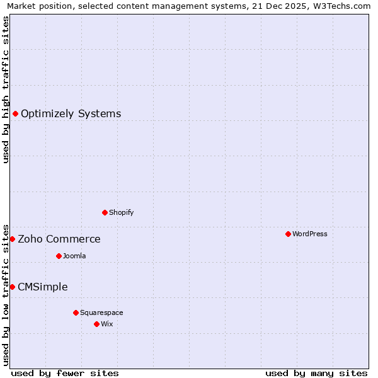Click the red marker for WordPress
pos(288,234)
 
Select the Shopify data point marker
pos(105,212)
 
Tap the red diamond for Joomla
pos(59,256)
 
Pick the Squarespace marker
pos(76,312)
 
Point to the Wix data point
pos(96,324)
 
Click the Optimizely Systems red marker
pos(15,113)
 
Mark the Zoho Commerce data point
pos(12,239)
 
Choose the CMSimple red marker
pos(12,287)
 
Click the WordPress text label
pos(310,234)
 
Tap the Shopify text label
pos(122,212)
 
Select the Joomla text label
pos(74,256)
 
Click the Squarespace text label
pos(101,312)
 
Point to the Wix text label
pos(107,324)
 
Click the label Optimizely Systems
pos(71,113)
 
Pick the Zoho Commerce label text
pos(59,239)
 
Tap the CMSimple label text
pos(43,287)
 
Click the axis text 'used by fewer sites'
pos(65,373)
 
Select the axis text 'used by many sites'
pos(316,373)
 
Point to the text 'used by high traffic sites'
pos(6,89)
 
